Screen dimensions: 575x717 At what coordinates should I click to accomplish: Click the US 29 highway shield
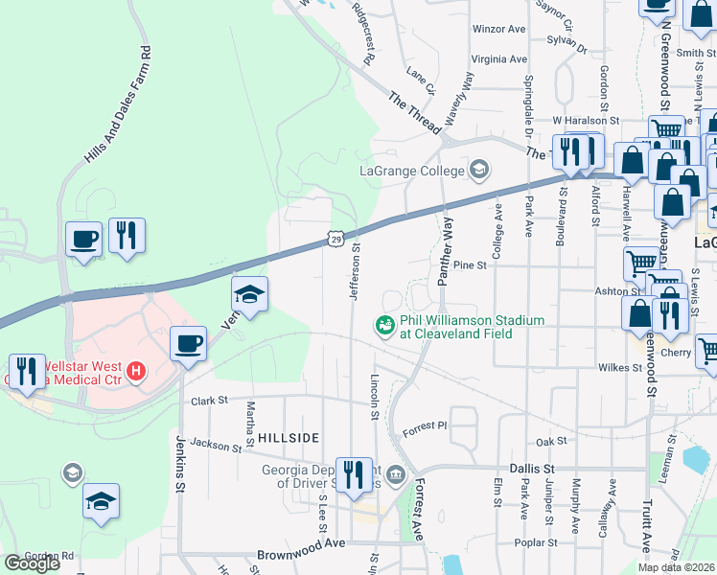[x=335, y=238]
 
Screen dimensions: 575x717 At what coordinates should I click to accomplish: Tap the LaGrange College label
[x=411, y=172]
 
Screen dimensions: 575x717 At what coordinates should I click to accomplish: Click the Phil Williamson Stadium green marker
[x=385, y=326]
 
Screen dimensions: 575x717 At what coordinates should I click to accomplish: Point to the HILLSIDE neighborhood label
[x=288, y=437]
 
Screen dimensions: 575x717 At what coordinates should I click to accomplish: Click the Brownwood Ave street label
[x=300, y=555]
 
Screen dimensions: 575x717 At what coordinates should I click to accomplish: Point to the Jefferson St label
[x=354, y=273]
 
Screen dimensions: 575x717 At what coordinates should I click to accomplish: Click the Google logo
[x=32, y=563]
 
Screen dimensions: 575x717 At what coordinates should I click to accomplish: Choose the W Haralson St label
[x=586, y=121]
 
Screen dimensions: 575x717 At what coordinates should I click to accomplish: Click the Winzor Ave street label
[x=499, y=30]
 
